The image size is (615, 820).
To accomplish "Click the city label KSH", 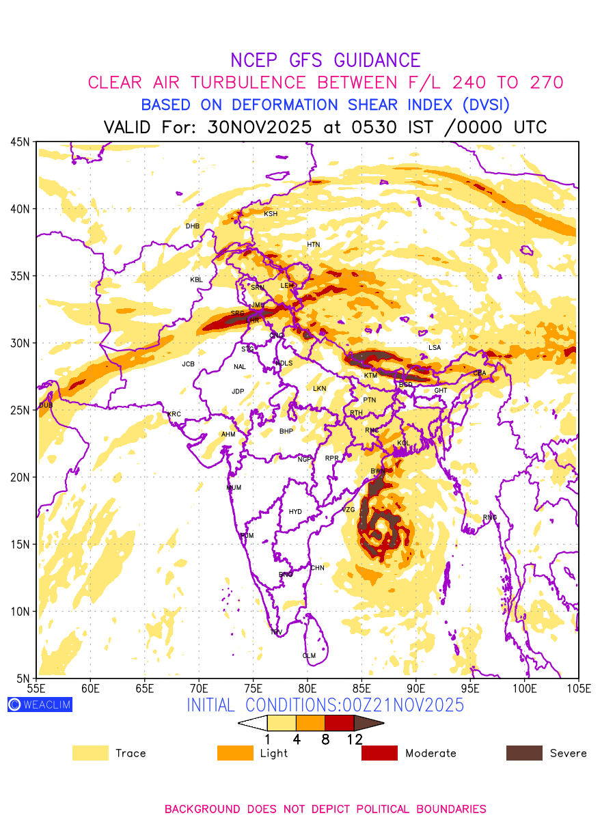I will tap(271, 214).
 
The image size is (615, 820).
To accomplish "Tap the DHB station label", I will tap(193, 226).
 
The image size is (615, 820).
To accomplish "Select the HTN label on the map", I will tap(313, 245).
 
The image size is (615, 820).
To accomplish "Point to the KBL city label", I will tap(196, 279).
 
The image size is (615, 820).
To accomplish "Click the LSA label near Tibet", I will tap(435, 348).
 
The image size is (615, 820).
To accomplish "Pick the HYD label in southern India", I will tap(295, 512).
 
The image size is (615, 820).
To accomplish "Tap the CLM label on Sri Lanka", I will tap(309, 656).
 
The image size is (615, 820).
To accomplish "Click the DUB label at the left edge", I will tap(46, 405).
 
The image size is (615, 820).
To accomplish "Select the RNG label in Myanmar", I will tap(489, 517).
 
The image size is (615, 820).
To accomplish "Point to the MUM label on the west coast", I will tap(234, 488).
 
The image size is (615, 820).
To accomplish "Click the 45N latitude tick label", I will tap(20, 141).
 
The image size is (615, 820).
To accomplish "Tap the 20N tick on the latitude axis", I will tap(20, 477).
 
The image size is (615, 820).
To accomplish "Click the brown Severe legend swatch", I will tap(524, 753).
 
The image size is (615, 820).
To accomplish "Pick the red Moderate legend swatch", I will tap(379, 753).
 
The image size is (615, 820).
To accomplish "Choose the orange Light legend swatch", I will tap(235, 753).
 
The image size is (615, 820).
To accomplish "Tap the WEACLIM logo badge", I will tap(40, 705).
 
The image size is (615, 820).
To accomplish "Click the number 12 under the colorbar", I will tap(354, 739).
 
